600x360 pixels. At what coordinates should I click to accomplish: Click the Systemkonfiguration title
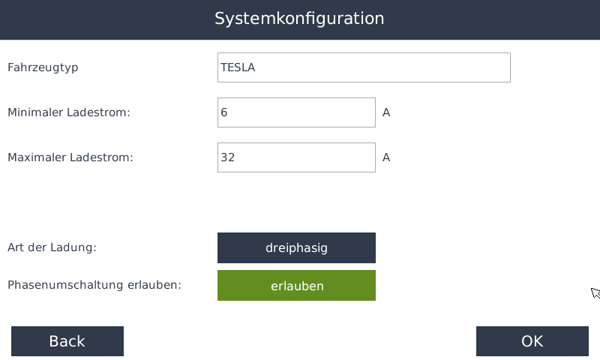299,19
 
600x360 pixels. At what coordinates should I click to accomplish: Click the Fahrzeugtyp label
43,67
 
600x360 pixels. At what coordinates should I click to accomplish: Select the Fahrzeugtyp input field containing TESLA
364,67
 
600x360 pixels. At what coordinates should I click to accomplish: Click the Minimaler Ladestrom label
69,112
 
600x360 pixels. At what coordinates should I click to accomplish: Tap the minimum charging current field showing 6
296,112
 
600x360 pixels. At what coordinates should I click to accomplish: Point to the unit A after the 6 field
386,112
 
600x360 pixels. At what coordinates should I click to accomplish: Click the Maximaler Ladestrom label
70,157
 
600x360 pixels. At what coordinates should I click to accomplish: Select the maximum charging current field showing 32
296,157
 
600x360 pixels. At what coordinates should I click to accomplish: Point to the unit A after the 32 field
386,157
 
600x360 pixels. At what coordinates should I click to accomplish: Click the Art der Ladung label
52,247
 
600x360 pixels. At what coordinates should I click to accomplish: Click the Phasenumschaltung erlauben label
94,285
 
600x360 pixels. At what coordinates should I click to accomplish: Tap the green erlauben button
296,286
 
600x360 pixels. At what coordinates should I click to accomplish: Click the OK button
532,341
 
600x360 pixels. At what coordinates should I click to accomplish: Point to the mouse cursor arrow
595,292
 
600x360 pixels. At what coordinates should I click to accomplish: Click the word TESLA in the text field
238,67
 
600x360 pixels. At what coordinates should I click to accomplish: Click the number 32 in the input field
228,157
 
